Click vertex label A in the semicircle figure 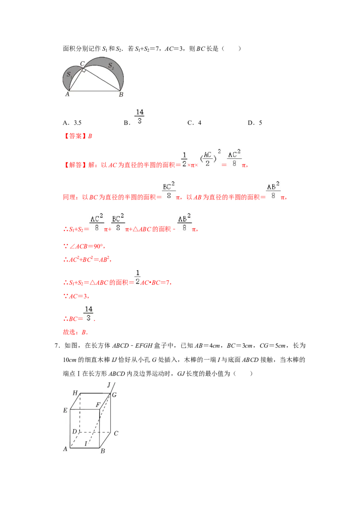pos(67,94)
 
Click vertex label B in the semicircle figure pos(121,95)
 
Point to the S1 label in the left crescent pos(69,75)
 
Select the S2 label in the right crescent pos(110,66)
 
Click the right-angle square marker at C pos(84,70)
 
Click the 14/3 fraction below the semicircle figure pos(140,116)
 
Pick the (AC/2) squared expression pos(208,159)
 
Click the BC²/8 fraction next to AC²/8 pos(118,223)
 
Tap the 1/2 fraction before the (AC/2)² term pos(184,159)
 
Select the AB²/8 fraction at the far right pos(274,191)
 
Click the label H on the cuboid pos(75,393)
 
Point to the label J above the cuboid pos(109,385)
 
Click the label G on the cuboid pos(114,395)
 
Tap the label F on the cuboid pos(98,405)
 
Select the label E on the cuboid pos(65,410)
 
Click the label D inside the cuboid pos(75,432)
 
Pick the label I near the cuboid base pos(86,444)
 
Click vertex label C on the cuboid pos(116,433)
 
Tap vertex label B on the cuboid pos(103,451)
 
